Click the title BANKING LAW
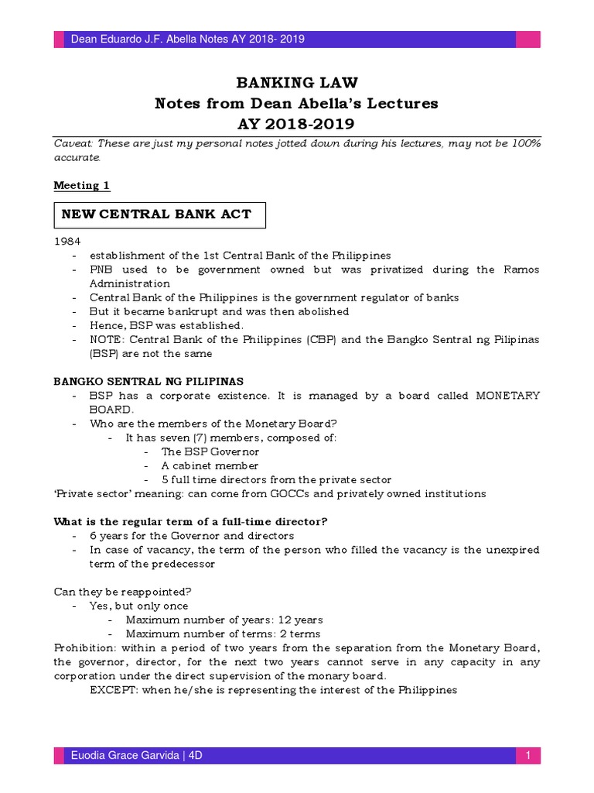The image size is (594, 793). (x=296, y=83)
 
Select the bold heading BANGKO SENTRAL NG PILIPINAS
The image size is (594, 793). (x=148, y=381)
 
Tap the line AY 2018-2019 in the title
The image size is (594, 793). (x=296, y=123)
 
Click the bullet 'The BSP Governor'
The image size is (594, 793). (x=210, y=451)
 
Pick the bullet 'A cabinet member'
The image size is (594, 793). (x=210, y=465)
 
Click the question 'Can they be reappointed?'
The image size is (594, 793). (x=122, y=592)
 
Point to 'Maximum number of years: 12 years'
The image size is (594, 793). (x=224, y=620)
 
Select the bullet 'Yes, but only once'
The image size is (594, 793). (x=139, y=606)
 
